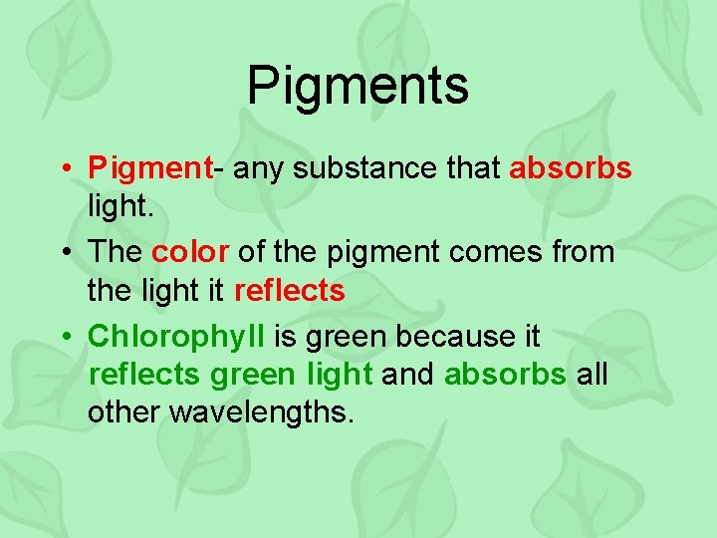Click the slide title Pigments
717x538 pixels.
[x=358, y=85]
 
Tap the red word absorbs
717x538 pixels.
[x=570, y=168]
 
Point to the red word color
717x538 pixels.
[x=189, y=252]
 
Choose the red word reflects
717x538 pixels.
[x=289, y=291]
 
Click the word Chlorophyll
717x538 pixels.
[x=176, y=336]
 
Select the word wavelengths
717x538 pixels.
[x=262, y=411]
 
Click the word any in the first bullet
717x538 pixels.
[x=260, y=168]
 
